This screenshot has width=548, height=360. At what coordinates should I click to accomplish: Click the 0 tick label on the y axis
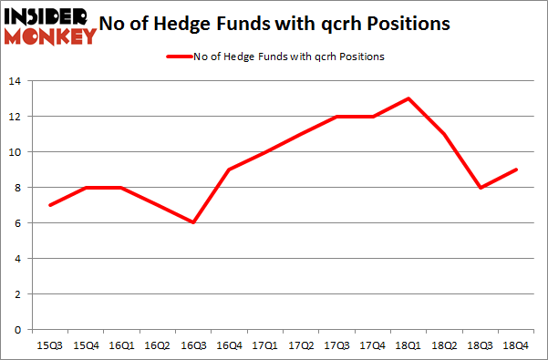(20, 330)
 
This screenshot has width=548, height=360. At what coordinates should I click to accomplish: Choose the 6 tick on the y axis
(20, 223)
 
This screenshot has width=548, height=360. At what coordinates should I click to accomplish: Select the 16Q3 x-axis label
(193, 345)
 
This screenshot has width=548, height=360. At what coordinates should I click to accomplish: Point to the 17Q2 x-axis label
(301, 345)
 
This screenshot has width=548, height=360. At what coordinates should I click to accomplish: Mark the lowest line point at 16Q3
(193, 222)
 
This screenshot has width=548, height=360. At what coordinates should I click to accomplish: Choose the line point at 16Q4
(229, 170)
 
